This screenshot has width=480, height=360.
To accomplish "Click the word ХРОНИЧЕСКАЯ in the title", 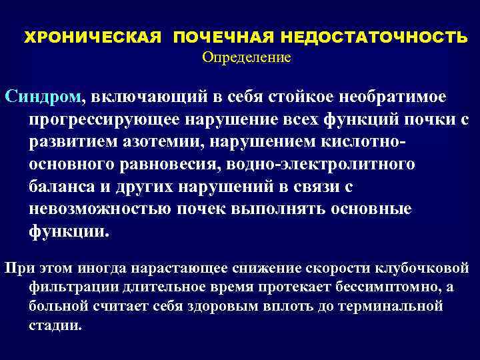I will pos(93,37).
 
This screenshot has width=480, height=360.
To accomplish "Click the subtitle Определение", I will pos(247,57).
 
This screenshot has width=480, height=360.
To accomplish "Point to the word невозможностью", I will pos(101,209).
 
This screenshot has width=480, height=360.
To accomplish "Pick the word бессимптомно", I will pos(373,287).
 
